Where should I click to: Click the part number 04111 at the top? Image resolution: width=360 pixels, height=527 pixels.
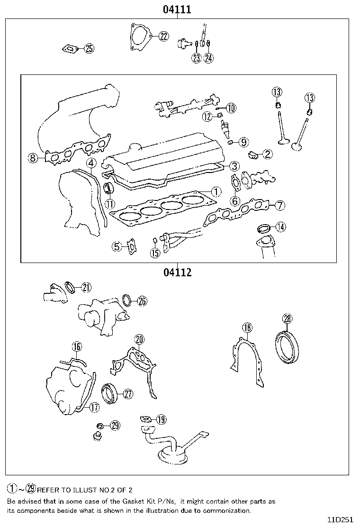click(177, 9)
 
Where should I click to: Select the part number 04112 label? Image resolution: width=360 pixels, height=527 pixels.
click(177, 273)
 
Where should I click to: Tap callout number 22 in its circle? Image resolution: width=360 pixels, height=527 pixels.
click(163, 36)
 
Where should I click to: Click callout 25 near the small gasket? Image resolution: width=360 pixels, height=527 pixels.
click(89, 48)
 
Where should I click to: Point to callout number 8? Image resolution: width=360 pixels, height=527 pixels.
click(33, 158)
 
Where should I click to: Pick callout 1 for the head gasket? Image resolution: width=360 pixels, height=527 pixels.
click(216, 191)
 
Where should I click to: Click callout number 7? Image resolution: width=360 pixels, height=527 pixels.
click(280, 205)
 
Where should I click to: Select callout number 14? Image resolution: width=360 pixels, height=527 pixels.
click(281, 227)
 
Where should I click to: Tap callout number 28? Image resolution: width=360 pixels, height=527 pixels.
click(288, 318)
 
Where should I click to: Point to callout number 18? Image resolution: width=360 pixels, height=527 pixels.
click(247, 327)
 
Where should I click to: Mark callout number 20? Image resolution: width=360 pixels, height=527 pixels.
click(139, 339)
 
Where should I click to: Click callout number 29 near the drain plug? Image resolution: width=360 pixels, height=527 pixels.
click(115, 425)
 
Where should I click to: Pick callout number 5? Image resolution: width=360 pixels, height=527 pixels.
click(117, 246)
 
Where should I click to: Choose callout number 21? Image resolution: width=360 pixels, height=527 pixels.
click(86, 287)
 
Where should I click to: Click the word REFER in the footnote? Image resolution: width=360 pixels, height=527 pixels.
click(47, 490)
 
